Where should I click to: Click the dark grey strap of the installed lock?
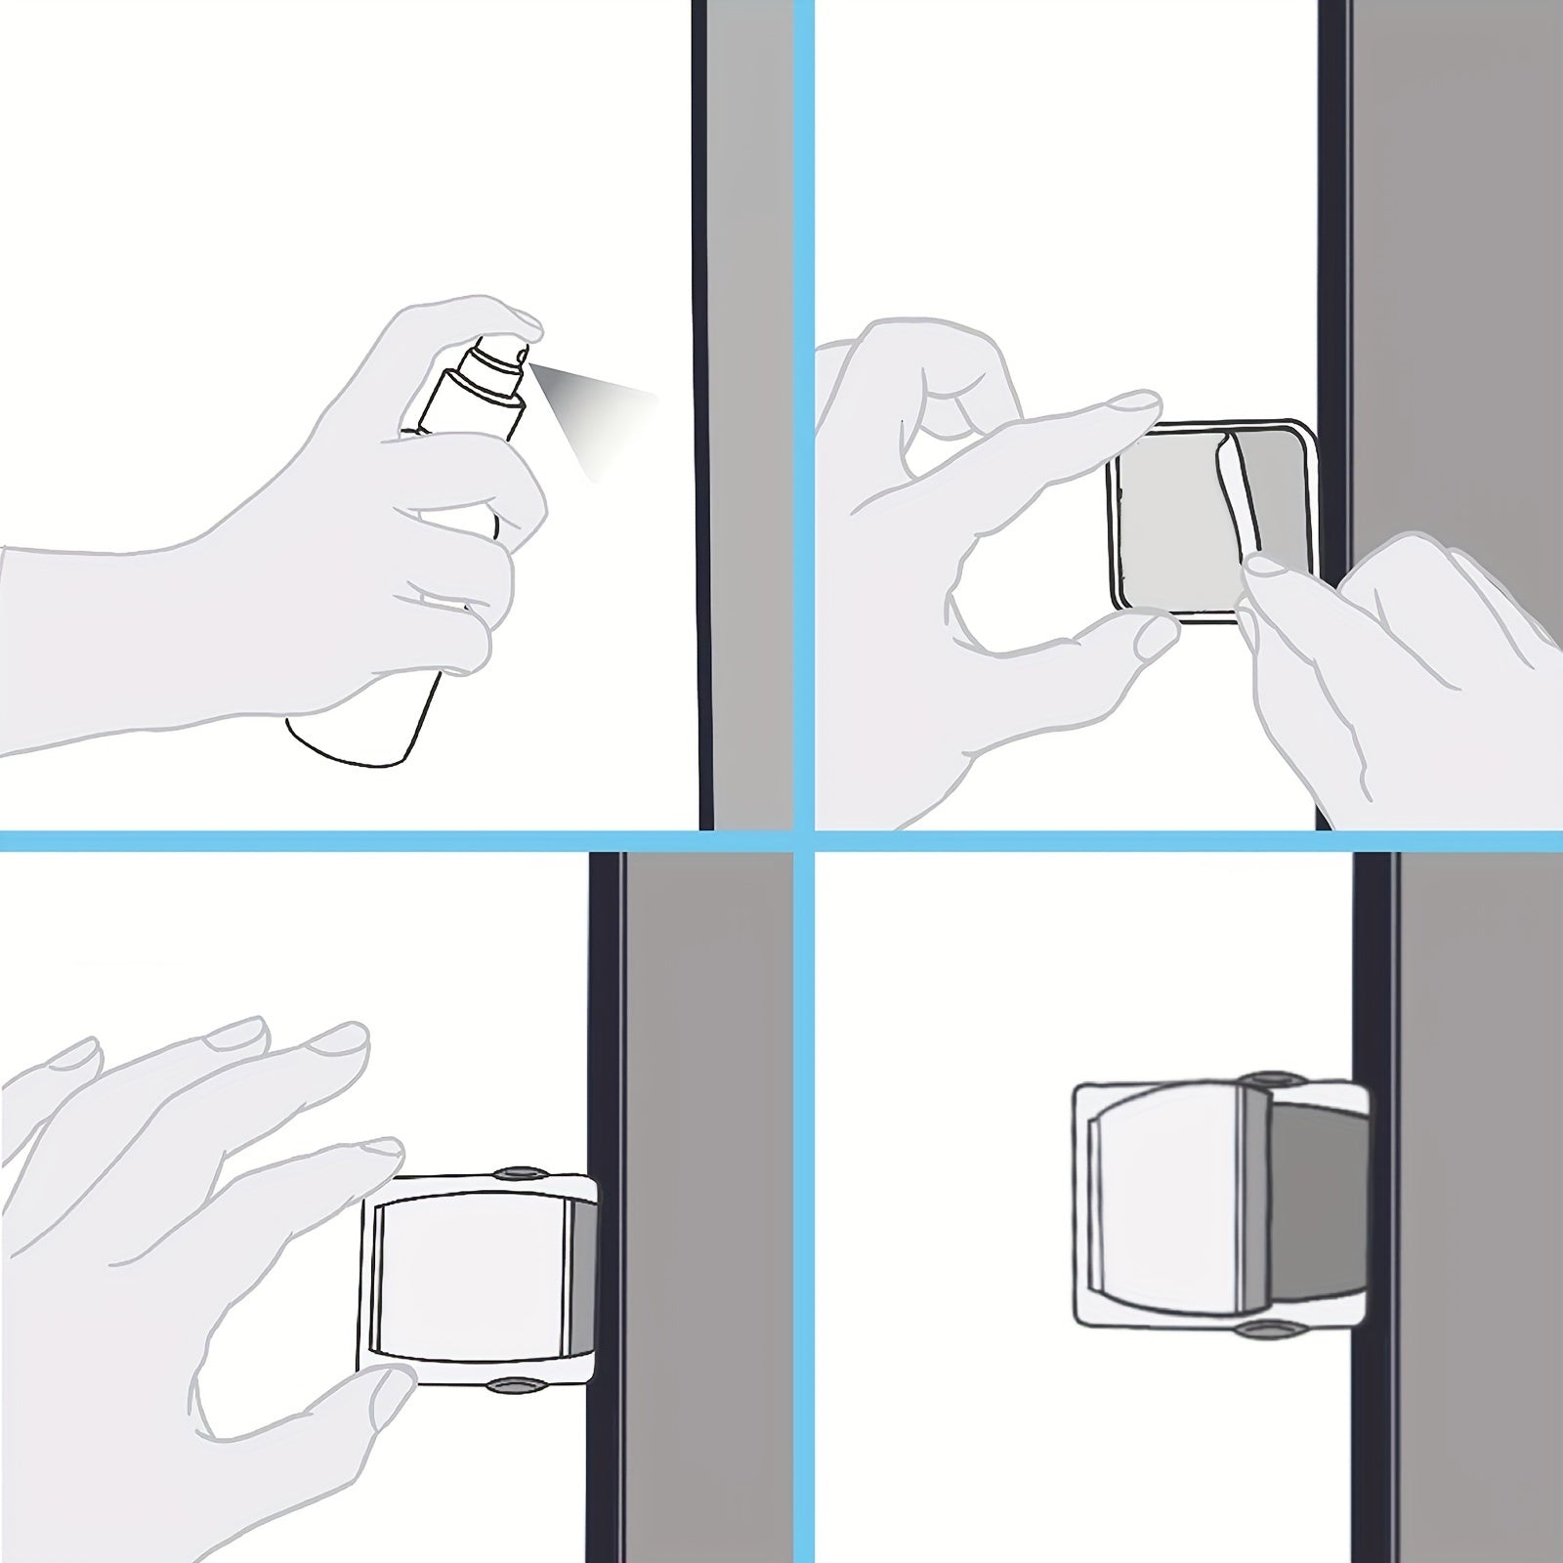1314,1202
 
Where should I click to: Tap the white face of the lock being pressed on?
469,1280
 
